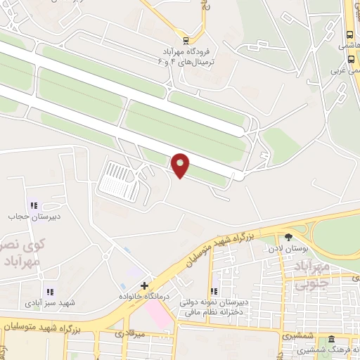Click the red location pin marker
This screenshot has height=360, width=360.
coord(181,165)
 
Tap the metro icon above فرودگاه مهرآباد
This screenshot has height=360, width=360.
coord(186,39)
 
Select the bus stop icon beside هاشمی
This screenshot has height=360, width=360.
coord(350,35)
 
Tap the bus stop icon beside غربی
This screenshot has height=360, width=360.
coord(350,60)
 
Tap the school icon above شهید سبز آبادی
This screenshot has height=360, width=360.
coord(49,292)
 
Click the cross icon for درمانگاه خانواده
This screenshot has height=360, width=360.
coord(144,286)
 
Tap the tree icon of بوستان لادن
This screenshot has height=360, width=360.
coord(288,237)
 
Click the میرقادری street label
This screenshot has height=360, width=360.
coord(129,333)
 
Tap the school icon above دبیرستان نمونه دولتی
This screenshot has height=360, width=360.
coord(214,291)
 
